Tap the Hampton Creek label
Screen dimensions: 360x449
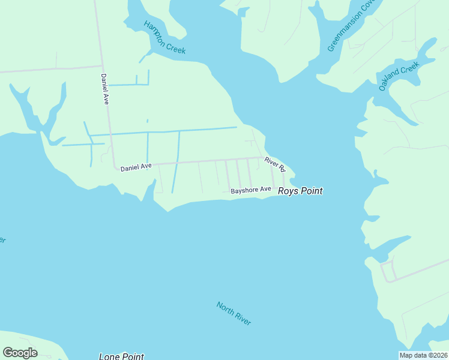pyautogui.click(x=164, y=37)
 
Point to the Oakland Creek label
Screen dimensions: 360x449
pyautogui.click(x=398, y=76)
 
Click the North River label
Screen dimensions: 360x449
pyautogui.click(x=234, y=313)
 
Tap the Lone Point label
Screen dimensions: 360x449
pyautogui.click(x=121, y=356)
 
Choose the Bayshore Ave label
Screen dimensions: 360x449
pyautogui.click(x=251, y=191)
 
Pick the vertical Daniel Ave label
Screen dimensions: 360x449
pyautogui.click(x=104, y=89)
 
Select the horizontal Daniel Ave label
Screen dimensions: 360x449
pyautogui.click(x=136, y=167)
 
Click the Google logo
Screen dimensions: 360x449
pyautogui.click(x=20, y=353)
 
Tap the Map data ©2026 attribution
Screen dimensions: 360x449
pyautogui.click(x=423, y=355)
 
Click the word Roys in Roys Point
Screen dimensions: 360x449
pyautogui.click(x=287, y=191)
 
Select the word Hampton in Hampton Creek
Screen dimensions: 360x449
pyautogui.click(x=155, y=31)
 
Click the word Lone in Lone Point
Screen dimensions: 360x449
pyautogui.click(x=109, y=356)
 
